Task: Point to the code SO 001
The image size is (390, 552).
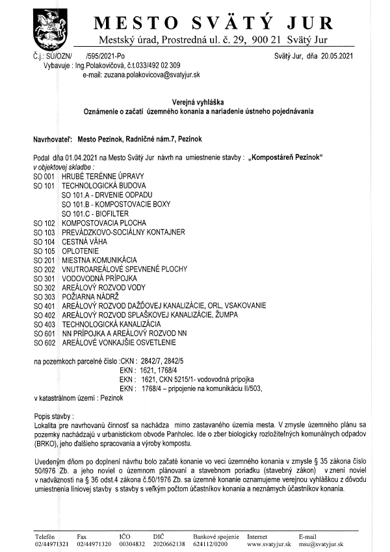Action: [x=44, y=177]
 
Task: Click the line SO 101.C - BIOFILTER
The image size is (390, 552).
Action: [x=95, y=213]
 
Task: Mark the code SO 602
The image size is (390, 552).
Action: [x=44, y=342]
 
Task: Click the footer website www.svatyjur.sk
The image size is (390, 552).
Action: [x=268, y=544]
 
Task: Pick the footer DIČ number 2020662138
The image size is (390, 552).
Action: [x=171, y=544]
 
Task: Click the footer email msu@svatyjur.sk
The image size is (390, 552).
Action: [x=321, y=544]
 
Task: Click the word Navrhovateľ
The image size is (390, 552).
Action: [x=53, y=139]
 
